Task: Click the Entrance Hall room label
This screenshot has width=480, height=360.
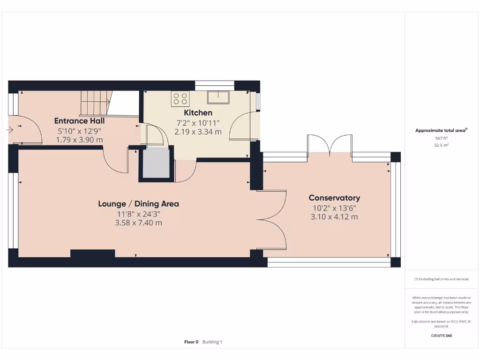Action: (79, 120)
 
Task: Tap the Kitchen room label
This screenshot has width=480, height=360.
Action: (198, 112)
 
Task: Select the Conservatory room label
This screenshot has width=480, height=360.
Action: (334, 198)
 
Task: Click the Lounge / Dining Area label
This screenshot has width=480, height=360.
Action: (138, 203)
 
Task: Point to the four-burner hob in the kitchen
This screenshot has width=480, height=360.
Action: (180, 98)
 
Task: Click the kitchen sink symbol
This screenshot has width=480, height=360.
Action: (218, 97)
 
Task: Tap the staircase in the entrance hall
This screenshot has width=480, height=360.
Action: (96, 103)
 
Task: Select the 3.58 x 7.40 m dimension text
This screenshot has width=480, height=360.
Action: (138, 223)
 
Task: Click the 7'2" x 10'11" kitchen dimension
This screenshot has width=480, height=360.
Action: (198, 123)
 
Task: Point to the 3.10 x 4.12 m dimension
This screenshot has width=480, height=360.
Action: (334, 217)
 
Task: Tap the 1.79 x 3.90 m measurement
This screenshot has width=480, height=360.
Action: (79, 140)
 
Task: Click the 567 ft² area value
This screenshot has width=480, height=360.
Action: (441, 138)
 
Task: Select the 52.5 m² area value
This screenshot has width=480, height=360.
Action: (441, 145)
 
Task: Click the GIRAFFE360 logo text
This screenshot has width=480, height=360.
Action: (441, 336)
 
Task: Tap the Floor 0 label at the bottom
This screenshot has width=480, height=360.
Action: (191, 342)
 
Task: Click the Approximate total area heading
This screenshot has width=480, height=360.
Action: (441, 131)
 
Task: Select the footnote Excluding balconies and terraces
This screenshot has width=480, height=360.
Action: (441, 279)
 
